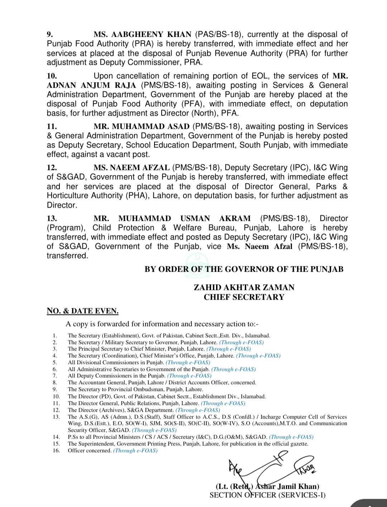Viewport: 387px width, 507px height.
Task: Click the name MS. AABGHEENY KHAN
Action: click(x=142, y=35)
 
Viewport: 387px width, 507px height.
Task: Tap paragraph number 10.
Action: click(x=52, y=76)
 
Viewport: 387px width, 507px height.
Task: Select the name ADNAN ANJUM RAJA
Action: click(x=91, y=86)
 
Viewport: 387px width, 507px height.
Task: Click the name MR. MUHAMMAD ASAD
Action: click(x=142, y=127)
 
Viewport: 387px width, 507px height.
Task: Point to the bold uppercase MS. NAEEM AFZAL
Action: click(x=132, y=168)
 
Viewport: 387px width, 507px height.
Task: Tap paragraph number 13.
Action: click(x=52, y=219)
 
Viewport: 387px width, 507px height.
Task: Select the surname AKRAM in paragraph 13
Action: click(x=235, y=219)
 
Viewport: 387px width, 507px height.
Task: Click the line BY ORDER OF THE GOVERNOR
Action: click(x=244, y=269)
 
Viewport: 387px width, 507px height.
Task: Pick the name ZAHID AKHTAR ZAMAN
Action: click(x=244, y=288)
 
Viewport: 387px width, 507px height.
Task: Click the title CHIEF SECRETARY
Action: click(x=244, y=297)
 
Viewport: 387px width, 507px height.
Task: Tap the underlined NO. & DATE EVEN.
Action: click(x=82, y=311)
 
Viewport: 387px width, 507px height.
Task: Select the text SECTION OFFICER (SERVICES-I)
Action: click(x=267, y=495)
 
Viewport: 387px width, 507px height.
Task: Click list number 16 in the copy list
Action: click(x=56, y=451)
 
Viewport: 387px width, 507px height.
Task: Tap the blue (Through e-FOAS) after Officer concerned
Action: click(x=135, y=451)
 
